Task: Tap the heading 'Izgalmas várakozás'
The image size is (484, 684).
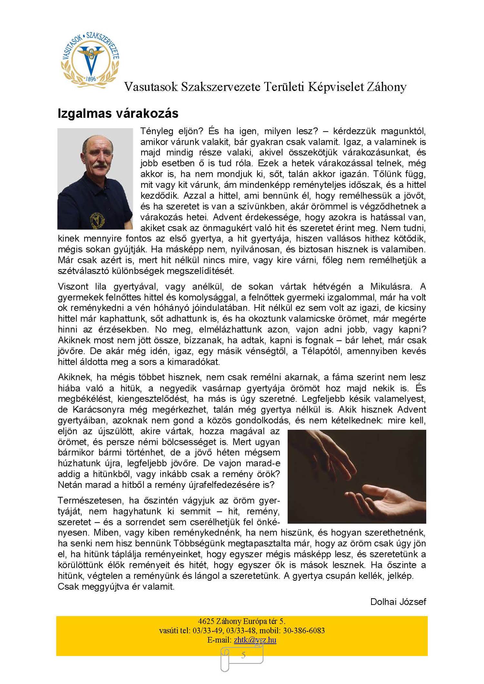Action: point(118,114)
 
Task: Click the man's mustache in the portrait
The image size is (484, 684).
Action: point(100,165)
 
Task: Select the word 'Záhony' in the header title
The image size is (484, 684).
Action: point(386,87)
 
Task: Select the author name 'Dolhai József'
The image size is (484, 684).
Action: point(398,602)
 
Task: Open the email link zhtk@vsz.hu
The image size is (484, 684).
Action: point(255,640)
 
